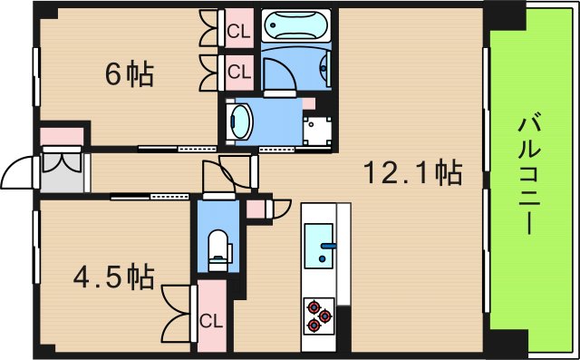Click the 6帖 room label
click(130, 74)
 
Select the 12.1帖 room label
click(413, 170)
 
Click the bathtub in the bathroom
click(297, 25)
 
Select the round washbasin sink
click(240, 120)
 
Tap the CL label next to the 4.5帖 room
click(211, 319)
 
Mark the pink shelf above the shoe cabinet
click(62, 135)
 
